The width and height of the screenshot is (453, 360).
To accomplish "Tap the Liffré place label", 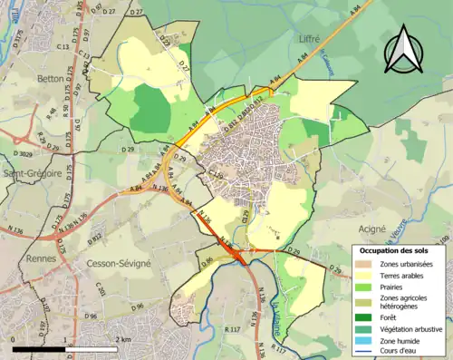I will point(311,40).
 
